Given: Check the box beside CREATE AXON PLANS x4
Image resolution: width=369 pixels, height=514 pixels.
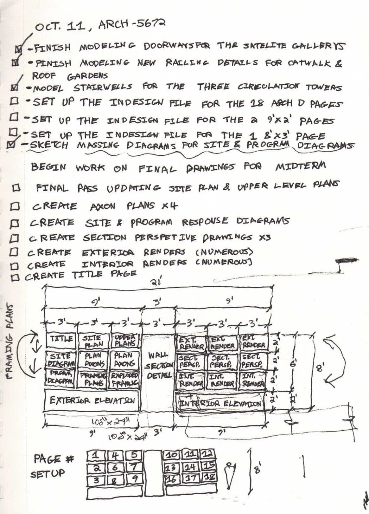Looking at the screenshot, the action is tap(15, 206).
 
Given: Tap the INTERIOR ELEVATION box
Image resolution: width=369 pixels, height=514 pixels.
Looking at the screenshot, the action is tap(221, 403).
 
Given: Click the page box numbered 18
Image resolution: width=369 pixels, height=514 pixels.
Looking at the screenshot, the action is tap(209, 477).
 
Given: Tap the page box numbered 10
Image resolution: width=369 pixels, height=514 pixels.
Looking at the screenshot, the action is tap(172, 455).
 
